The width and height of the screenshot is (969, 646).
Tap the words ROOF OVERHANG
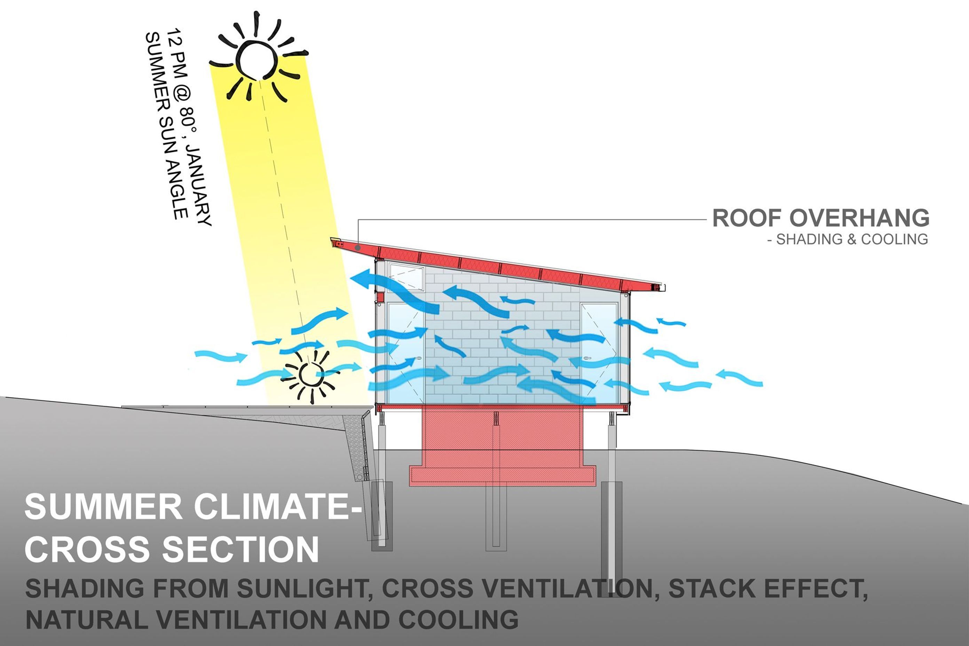[x=821, y=218]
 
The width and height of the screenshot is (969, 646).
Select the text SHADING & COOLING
[x=852, y=240]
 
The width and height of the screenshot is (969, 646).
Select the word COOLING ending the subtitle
[x=458, y=620]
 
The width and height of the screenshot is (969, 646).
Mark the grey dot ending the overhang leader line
[x=359, y=247]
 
